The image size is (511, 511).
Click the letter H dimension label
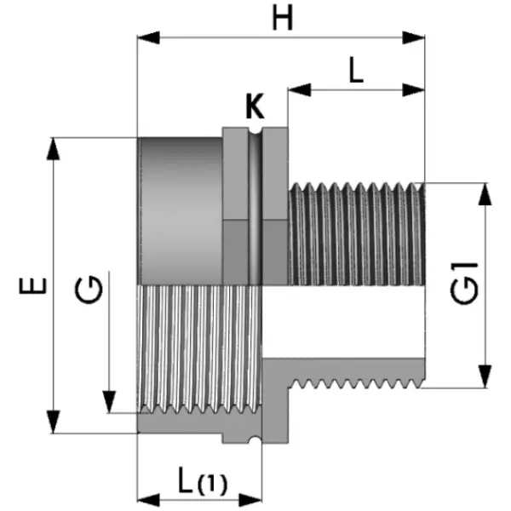282,18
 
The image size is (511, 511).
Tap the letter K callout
254,108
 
